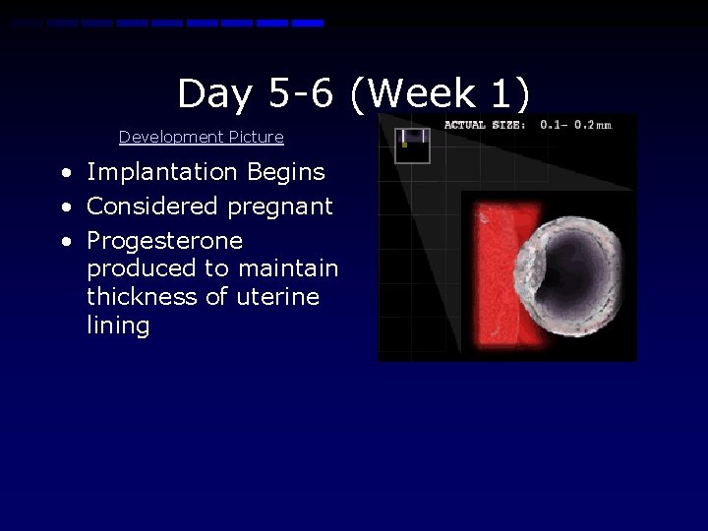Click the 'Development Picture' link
201,138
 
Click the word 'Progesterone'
164,242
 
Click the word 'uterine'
277,297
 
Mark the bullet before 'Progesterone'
65,242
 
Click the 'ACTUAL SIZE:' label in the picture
485,125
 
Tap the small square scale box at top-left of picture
413,146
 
